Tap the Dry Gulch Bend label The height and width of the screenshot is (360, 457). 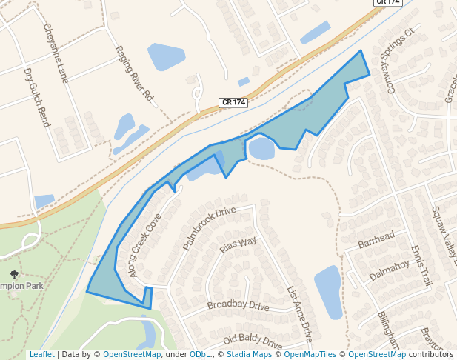click(36, 98)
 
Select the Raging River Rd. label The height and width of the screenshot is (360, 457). click(134, 74)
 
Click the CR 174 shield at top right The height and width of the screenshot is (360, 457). click(387, 3)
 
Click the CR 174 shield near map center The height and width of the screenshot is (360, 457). click(233, 102)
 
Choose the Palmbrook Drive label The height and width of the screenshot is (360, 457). click(209, 227)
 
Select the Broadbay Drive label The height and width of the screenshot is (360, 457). click(238, 305)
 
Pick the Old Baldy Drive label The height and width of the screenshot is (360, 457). click(253, 341)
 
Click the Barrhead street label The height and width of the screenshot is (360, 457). click(376, 239)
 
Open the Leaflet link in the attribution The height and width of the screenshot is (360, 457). click(41, 354)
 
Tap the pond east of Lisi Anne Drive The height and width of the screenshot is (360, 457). click(328, 291)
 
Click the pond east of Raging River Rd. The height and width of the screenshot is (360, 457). click(166, 56)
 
